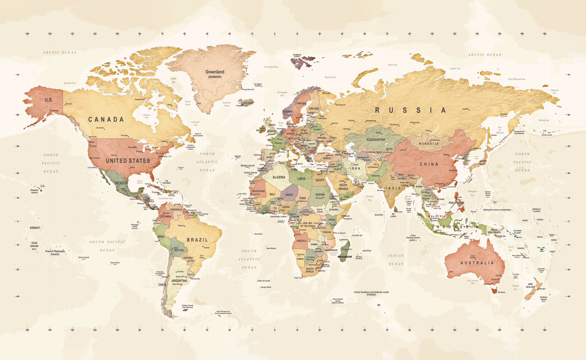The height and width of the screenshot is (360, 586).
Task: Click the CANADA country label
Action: (106, 119)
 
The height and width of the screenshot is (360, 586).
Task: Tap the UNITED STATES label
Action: (128, 161)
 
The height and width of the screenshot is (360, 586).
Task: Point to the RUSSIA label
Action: (411, 110)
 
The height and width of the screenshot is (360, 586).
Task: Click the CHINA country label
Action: (429, 164)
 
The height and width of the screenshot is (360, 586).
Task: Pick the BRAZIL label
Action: (197, 240)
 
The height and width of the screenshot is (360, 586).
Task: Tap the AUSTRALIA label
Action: (477, 263)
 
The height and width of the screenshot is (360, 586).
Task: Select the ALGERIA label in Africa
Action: (279, 177)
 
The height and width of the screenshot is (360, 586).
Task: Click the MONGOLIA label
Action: (429, 144)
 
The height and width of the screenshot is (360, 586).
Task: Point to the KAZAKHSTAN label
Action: (376, 139)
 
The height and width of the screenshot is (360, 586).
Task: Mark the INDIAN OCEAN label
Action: (396, 260)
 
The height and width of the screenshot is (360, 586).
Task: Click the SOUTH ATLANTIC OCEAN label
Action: (249, 259)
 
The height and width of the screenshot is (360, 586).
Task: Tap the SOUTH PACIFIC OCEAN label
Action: (107, 246)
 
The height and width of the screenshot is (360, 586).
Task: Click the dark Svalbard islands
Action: (303, 63)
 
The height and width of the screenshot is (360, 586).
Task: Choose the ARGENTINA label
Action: (179, 281)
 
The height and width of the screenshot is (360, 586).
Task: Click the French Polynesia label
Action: (55, 251)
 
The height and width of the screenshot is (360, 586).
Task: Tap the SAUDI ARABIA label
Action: (343, 187)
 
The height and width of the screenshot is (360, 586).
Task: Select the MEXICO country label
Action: (121, 183)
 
